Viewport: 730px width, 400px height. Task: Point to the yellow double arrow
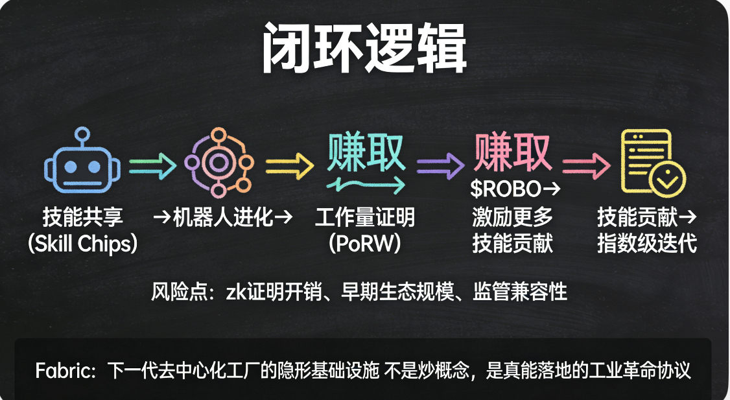[290, 165]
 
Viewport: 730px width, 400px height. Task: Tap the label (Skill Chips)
[83, 244]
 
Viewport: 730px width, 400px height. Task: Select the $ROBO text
[505, 190]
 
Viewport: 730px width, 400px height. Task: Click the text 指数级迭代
[647, 244]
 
